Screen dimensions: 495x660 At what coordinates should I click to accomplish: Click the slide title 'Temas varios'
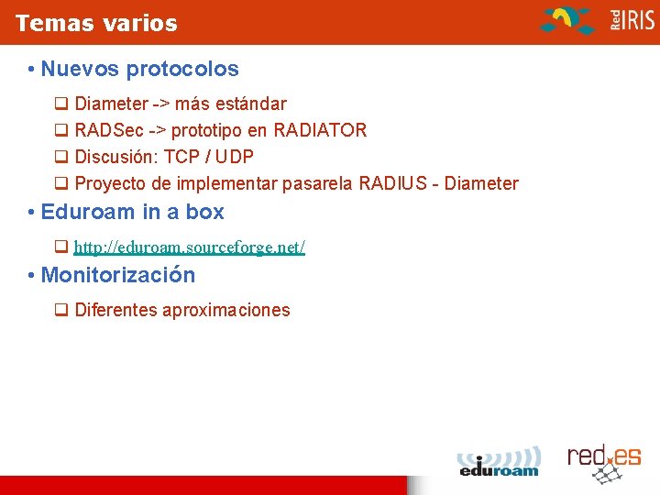click(96, 23)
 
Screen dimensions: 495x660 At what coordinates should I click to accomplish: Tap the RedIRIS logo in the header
click(596, 20)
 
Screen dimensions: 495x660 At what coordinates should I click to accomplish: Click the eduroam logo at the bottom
click(499, 462)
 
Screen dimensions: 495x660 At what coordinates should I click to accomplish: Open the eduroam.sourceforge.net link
click(189, 247)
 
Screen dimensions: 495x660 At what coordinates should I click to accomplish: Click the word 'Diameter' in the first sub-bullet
click(110, 104)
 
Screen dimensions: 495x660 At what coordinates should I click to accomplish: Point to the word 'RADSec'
click(108, 130)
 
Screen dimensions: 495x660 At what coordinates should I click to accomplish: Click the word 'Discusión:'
click(115, 157)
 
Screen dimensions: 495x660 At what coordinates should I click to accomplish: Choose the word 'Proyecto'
click(111, 183)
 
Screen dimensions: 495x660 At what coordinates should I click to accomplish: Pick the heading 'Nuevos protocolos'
click(139, 69)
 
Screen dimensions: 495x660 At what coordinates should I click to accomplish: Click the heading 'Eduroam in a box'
click(132, 212)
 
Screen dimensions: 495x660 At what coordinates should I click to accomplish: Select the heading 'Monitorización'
click(118, 275)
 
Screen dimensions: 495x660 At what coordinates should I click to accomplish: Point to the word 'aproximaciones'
click(225, 310)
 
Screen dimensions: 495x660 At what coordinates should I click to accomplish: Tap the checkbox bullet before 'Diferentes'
click(61, 310)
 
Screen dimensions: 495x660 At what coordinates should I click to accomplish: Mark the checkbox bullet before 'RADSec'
click(61, 130)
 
